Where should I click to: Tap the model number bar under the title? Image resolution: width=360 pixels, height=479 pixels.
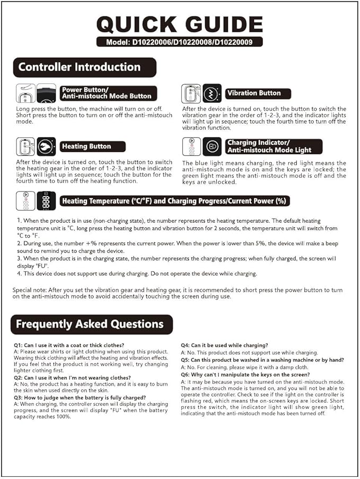[x=180, y=42]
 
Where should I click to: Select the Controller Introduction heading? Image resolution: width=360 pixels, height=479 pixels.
[x=80, y=67]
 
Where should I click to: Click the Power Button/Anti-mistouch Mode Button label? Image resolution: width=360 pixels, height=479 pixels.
[x=108, y=93]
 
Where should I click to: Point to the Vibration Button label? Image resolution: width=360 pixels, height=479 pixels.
[x=254, y=93]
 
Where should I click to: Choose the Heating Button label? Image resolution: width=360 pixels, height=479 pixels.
[x=87, y=146]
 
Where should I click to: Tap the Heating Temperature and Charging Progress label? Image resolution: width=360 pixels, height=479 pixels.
[x=174, y=201]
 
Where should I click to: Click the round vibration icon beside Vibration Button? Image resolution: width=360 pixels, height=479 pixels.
[x=212, y=93]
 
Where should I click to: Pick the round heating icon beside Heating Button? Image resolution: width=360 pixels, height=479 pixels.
[x=46, y=146]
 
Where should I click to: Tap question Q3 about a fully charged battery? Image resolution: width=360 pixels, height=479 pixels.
[x=80, y=397]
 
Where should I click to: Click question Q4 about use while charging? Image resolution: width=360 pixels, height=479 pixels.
[x=224, y=345]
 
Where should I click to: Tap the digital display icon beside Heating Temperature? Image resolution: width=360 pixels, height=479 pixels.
[x=46, y=201]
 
